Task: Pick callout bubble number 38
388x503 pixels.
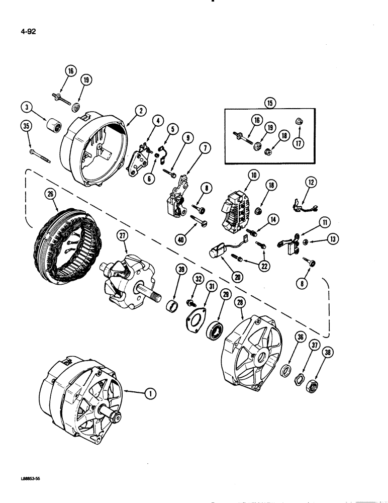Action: click(329, 353)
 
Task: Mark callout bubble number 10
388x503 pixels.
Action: click(252, 176)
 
